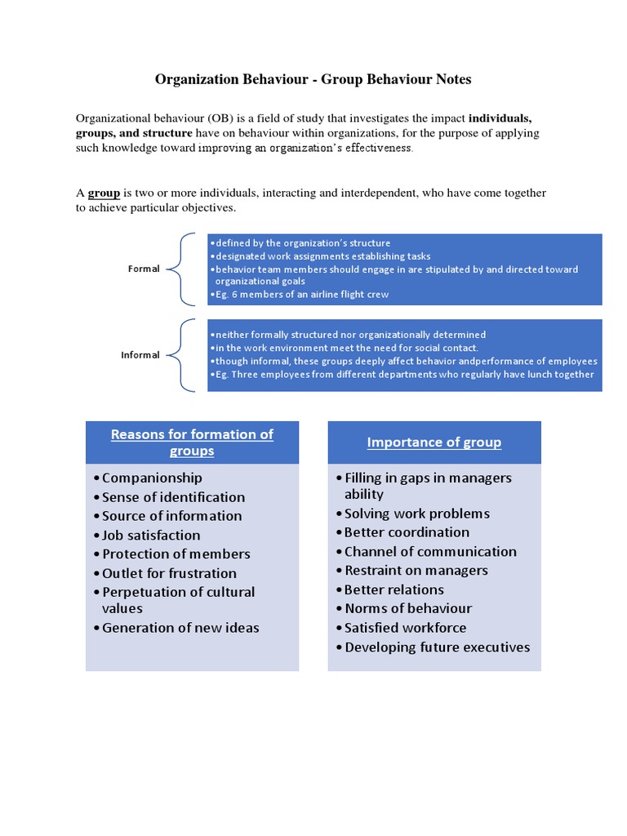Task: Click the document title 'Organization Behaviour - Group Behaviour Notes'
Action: click(x=313, y=80)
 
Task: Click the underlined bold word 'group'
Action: click(x=104, y=193)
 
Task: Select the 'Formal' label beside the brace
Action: click(x=144, y=269)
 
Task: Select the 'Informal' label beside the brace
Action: click(x=140, y=355)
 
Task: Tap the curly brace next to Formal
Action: click(x=181, y=269)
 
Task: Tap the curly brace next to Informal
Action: click(x=181, y=355)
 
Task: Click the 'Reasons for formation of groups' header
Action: click(x=192, y=442)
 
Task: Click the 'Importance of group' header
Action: click(x=434, y=442)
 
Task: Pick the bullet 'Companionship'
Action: click(x=152, y=478)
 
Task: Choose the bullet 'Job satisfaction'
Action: click(x=151, y=536)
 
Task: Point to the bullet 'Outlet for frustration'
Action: click(x=169, y=573)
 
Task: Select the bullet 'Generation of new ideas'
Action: click(x=180, y=628)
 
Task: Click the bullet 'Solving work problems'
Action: click(x=416, y=514)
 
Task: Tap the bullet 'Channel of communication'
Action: click(x=430, y=551)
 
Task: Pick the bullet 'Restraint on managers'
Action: click(x=416, y=571)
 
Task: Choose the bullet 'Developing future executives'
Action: click(x=437, y=647)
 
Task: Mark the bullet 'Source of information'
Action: click(x=171, y=516)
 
